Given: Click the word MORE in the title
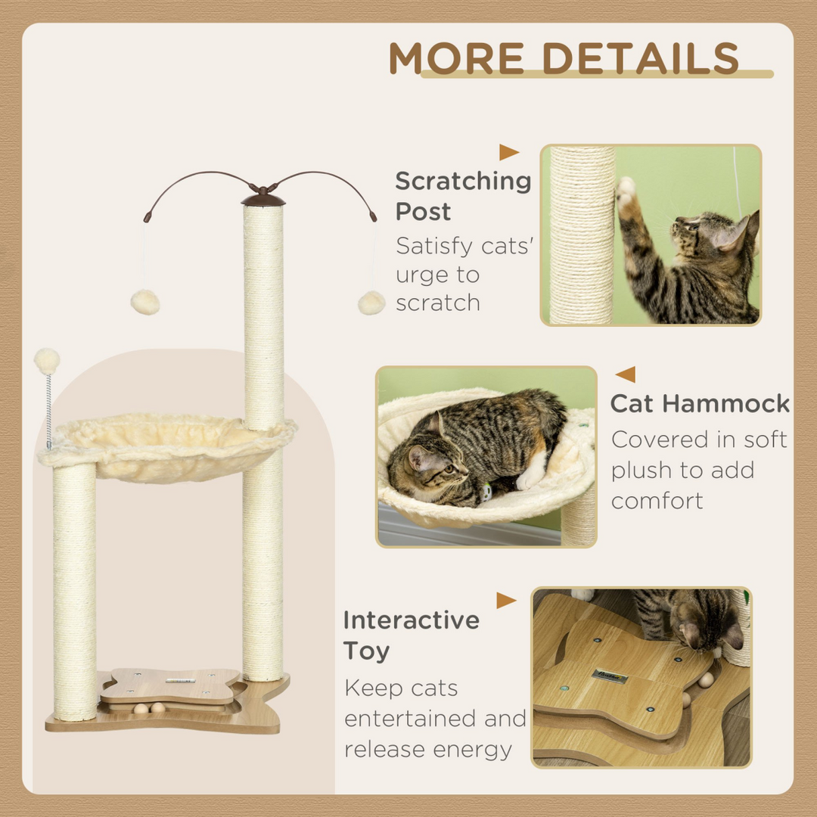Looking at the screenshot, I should tap(456, 58).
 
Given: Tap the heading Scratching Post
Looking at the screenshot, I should tap(462, 196).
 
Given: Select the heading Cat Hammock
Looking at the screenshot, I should tap(700, 403).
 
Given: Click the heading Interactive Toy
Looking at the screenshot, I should tap(411, 635).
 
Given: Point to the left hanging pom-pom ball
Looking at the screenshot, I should tap(145, 302).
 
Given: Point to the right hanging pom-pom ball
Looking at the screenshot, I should tap(371, 303).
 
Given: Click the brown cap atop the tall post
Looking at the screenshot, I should tap(263, 200).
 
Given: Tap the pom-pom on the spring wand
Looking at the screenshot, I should tap(47, 360).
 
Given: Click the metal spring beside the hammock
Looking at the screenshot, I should tap(49, 409).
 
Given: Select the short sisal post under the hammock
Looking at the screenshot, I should tap(74, 590).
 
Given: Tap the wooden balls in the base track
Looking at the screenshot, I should tap(148, 708).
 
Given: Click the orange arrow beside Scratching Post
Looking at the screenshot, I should tap(509, 153).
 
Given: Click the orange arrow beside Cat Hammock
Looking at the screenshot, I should tap(625, 374).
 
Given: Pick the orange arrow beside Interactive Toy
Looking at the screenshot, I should tap(506, 601).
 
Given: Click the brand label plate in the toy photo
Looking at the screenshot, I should tap(610, 675).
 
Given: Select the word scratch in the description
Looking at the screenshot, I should tap(438, 303).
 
